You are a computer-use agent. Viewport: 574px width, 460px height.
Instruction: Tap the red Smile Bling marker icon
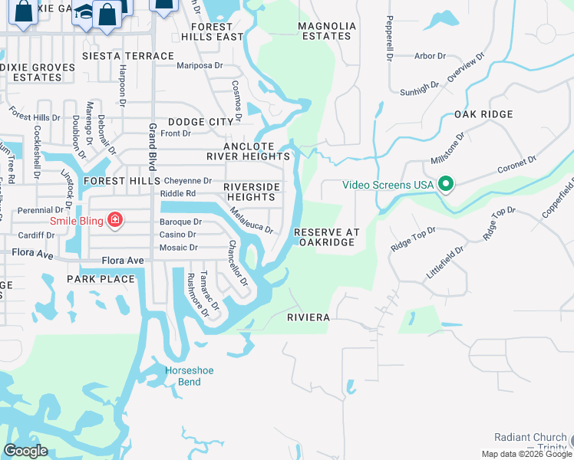pos(114,222)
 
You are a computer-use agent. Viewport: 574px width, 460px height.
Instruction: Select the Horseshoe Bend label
pos(183,376)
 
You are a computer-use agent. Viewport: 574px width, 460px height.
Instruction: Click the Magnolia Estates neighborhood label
pos(327,31)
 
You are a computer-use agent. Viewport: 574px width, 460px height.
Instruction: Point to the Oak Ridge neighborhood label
pos(483,114)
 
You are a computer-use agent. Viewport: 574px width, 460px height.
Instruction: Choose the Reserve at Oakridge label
pos(326,237)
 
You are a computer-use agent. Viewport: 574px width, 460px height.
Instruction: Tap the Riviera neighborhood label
pos(308,317)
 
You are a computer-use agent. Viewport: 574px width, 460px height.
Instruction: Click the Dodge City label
pos(200,122)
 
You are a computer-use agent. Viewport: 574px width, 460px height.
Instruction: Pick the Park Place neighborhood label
pos(101,278)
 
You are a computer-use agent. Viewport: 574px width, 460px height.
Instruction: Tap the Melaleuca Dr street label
pos(251,219)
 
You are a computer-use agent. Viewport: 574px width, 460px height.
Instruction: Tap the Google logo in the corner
pos(25,451)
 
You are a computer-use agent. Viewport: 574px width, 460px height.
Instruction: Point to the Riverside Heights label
pos(249,192)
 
